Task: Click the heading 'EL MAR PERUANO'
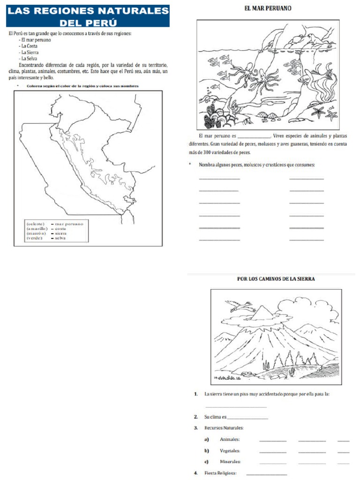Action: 268,8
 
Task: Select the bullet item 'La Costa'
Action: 29,46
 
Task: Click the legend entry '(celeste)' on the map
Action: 36,224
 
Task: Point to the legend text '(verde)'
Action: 34,238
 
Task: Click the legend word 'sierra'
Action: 60,233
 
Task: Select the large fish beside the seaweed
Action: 307,78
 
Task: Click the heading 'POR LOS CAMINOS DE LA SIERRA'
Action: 276,279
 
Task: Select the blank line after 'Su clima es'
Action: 247,417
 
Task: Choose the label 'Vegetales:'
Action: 230,450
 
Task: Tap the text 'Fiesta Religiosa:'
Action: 220,473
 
